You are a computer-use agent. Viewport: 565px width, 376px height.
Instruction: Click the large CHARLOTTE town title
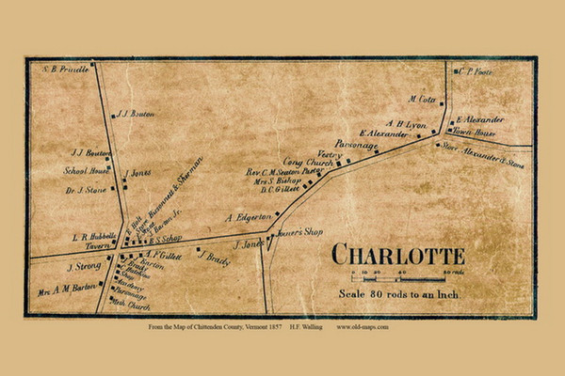tap(397, 256)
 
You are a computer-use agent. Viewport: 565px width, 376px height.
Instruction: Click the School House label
tap(82, 171)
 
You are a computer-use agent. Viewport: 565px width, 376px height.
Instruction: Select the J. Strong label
tap(83, 266)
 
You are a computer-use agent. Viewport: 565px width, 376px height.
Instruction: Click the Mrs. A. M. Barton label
tap(66, 288)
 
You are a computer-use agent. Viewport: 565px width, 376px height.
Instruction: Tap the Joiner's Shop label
tap(297, 232)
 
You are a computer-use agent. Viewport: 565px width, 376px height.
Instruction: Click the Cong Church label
tap(308, 164)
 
